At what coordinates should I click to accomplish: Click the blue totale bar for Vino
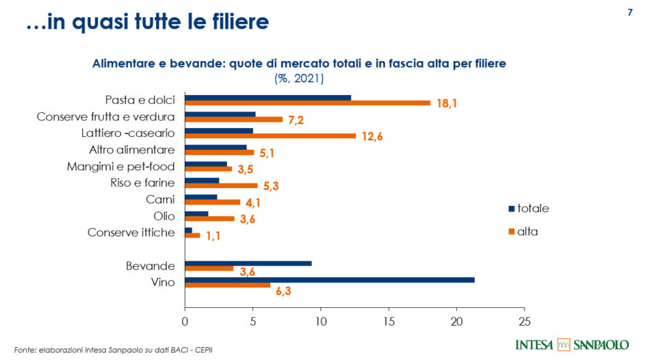pos(329,280)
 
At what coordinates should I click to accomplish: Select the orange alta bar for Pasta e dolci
pos(307,103)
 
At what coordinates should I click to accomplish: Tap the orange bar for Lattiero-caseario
pos(270,136)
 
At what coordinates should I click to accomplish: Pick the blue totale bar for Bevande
pos(248,263)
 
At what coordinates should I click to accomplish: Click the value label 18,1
pos(447,104)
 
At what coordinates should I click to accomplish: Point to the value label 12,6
pos(372,137)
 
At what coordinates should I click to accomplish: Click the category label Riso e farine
pos(142,183)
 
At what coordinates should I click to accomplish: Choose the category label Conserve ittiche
pos(131,233)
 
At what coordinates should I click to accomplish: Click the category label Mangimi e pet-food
pos(120,166)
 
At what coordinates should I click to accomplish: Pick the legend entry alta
pos(527,231)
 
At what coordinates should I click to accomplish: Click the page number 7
pos(629,12)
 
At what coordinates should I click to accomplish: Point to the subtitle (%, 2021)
pos(299,78)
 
